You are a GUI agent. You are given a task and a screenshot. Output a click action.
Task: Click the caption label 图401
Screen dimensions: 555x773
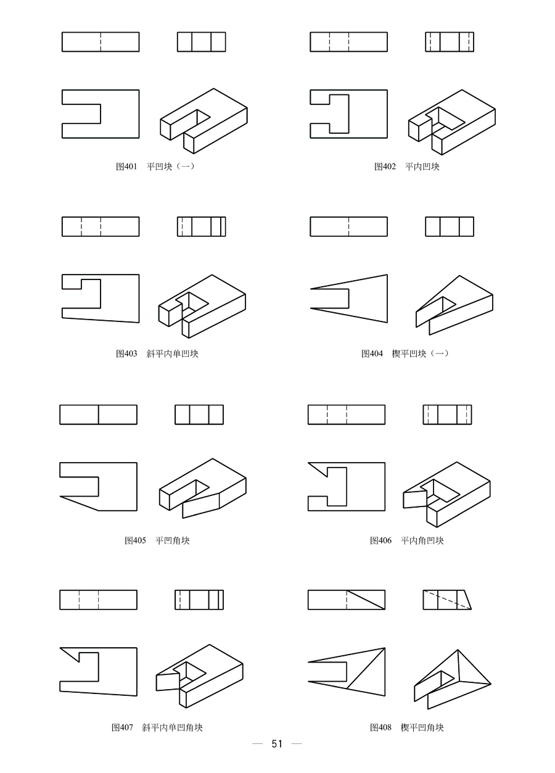click(x=126, y=167)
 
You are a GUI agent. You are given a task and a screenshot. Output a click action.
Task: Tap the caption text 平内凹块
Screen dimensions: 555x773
click(x=422, y=167)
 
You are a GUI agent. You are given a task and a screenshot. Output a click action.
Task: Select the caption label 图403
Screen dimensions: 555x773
click(x=126, y=354)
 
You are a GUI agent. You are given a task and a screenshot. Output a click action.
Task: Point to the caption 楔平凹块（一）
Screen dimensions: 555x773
click(x=421, y=354)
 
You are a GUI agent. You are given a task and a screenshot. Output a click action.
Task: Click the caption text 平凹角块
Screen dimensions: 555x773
click(x=173, y=541)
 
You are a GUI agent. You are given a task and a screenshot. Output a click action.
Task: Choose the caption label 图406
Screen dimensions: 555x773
click(x=380, y=541)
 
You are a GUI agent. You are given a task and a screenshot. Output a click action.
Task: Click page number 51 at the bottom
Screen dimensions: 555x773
click(x=277, y=744)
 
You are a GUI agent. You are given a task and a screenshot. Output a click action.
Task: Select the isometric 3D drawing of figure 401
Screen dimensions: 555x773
click(x=203, y=120)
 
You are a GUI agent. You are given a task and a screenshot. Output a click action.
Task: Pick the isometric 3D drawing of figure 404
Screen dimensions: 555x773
click(x=454, y=302)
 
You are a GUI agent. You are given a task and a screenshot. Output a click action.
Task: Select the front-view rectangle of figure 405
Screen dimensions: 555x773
click(x=98, y=415)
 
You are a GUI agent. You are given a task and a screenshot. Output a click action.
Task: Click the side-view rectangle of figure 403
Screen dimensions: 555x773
click(x=202, y=226)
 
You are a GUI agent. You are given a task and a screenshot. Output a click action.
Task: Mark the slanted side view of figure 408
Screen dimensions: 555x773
click(x=446, y=600)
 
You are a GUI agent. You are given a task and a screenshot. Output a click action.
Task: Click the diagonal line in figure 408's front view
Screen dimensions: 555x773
click(x=366, y=600)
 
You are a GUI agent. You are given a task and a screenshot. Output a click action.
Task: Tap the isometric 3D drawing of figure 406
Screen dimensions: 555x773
click(x=447, y=494)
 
